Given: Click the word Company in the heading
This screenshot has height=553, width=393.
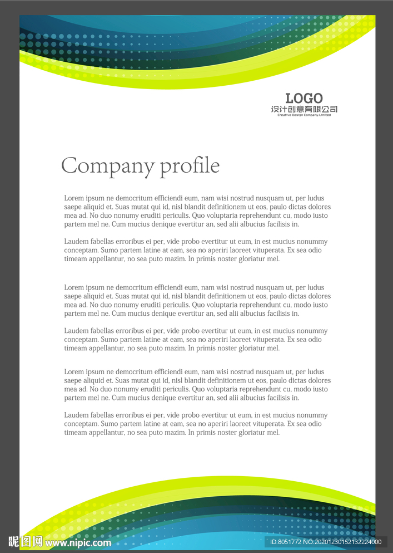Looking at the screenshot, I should point(108,166).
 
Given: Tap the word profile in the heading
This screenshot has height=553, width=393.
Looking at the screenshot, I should point(190,166).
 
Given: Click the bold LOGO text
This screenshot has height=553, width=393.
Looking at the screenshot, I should point(304,99).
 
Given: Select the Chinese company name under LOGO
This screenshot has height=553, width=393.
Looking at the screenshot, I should point(304,109).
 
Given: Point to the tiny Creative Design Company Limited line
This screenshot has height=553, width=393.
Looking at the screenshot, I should point(304,115).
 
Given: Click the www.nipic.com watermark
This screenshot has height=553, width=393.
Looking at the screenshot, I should point(78,542).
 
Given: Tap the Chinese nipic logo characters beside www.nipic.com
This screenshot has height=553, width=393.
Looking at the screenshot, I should point(26,542).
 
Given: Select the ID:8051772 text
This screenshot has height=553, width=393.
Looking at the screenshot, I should point(285,542).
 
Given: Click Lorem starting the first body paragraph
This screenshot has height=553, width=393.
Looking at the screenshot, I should point(74,198).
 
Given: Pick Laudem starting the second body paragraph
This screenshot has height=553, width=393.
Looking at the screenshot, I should point(76,242).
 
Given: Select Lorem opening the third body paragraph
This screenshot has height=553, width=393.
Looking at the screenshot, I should point(74,288).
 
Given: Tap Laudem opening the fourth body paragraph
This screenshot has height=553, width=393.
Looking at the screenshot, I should point(76,331).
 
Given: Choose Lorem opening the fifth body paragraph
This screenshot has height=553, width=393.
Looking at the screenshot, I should point(74,372).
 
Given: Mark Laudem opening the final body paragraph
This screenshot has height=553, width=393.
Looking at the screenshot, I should point(76,415).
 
